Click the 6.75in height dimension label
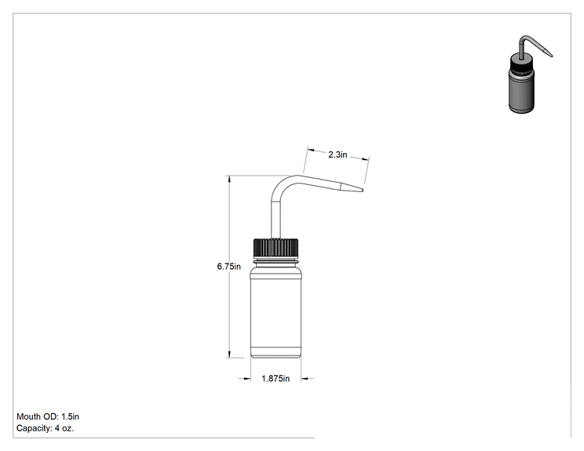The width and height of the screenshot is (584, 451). tap(228, 267)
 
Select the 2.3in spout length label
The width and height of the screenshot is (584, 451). tap(338, 155)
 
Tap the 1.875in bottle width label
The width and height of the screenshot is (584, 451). tap(276, 378)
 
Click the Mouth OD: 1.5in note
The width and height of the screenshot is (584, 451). tap(48, 416)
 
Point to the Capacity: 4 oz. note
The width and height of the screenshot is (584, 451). tap(45, 428)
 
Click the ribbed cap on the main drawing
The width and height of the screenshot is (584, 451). tap(276, 248)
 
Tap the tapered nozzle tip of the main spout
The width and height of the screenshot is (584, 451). tap(352, 187)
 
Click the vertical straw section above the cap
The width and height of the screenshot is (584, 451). tap(276, 220)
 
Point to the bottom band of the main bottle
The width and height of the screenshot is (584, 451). tap(276, 352)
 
